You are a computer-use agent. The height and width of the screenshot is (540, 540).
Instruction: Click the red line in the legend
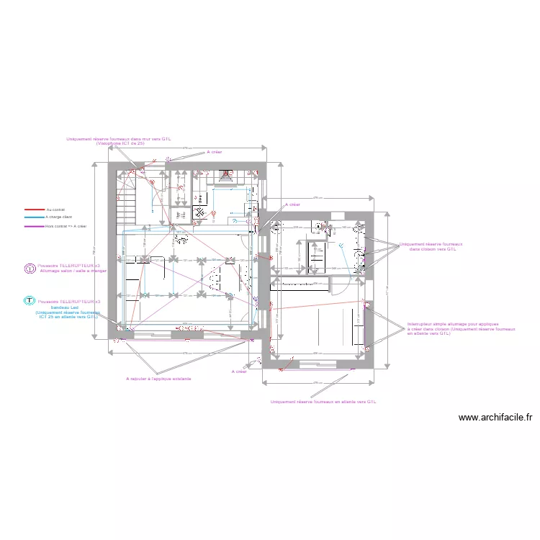pos(34,210)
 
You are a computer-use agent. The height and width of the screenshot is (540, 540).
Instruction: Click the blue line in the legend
pos(34,217)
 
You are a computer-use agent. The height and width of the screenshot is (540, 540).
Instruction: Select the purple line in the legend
pos(34,226)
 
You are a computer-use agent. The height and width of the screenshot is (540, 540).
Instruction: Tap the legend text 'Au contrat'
pos(55,210)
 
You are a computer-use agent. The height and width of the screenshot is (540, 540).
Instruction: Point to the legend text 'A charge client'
pos(59,217)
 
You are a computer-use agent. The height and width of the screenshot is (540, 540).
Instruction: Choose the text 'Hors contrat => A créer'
pos(66,226)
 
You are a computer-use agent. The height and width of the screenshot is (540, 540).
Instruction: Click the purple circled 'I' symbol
pos(30,269)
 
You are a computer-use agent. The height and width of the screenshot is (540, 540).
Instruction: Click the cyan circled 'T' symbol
pos(30,302)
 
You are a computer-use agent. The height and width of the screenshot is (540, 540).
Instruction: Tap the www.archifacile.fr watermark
pos(495,418)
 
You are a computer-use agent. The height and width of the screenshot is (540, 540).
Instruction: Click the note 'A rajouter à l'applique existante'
pos(158,379)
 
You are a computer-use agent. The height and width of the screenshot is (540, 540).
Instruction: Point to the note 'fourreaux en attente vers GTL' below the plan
pos(323,402)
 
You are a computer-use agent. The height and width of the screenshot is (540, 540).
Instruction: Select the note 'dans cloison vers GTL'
pos(433,249)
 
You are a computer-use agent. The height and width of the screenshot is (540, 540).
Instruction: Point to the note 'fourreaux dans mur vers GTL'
pos(119,140)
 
